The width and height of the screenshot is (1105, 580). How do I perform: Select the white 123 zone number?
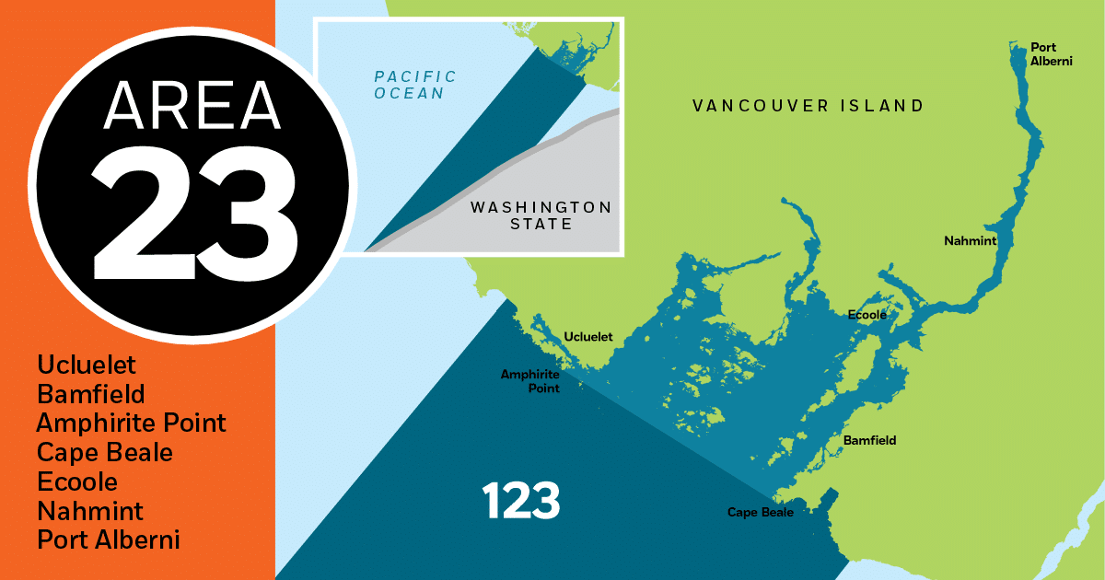point(521,502)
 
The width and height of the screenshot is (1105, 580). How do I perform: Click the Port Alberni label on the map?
point(1043,53)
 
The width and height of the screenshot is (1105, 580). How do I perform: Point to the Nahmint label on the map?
point(970,241)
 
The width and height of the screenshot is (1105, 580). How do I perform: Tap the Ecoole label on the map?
point(867,315)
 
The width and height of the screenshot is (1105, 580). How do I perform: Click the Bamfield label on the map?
point(869,441)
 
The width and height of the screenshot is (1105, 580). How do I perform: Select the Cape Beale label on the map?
point(761,513)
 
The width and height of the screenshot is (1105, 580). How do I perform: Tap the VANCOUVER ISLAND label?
point(808,106)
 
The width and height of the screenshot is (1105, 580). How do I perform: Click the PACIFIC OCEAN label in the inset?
point(414,85)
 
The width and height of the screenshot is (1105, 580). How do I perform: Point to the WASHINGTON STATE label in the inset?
point(541,215)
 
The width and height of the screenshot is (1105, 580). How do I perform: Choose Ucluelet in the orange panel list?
point(87,365)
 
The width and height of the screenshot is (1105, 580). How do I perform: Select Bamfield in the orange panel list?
point(91,395)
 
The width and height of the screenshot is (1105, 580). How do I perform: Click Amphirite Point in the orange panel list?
point(132,423)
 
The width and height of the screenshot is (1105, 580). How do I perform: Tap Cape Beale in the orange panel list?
point(105,453)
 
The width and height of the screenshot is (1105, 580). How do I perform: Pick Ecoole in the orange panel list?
point(77,481)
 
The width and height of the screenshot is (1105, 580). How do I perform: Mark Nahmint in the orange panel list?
point(90,510)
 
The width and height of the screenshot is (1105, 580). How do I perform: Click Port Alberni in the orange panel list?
point(109,539)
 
